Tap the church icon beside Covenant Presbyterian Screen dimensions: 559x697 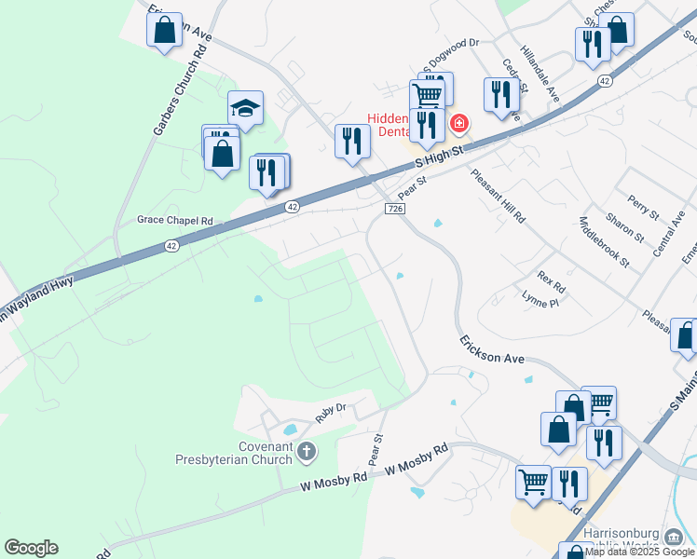click(x=307, y=453)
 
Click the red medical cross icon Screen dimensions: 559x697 click(x=458, y=123)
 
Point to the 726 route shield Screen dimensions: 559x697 click(x=394, y=211)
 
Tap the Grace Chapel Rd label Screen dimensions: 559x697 click(x=175, y=221)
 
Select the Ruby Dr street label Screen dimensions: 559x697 click(x=330, y=412)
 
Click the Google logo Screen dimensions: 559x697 click(x=31, y=548)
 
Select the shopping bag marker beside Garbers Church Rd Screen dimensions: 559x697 click(x=165, y=31)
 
